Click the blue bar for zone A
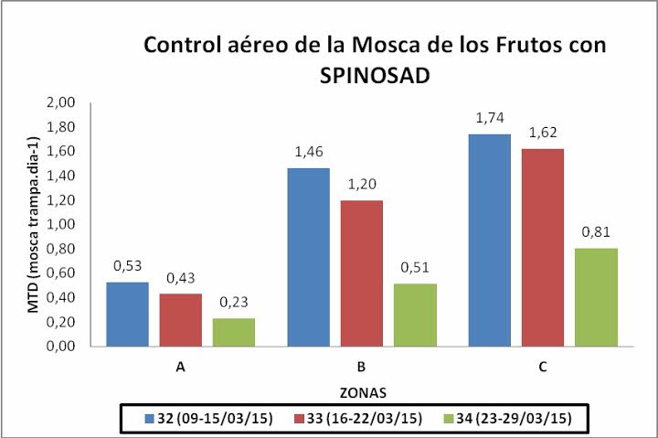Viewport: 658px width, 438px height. [x=127, y=315]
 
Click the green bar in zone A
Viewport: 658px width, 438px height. [x=234, y=332]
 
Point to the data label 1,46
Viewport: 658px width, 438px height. [x=308, y=151]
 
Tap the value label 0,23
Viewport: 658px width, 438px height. [x=234, y=302]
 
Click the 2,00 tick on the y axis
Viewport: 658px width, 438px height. [x=85, y=102]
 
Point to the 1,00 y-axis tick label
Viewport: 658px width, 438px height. [x=85, y=225]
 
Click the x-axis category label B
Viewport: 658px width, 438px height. [x=362, y=368]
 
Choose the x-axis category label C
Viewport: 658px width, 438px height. [x=543, y=368]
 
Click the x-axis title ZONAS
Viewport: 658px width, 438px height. [x=362, y=392]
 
